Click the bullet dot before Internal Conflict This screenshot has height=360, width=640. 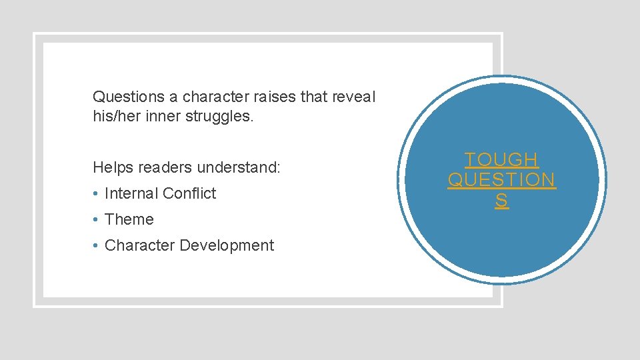97,194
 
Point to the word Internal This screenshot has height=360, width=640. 131,193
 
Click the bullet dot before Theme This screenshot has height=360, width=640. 97,220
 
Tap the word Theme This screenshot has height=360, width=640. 129,219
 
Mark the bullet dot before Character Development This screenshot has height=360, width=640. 97,246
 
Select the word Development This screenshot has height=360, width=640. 227,246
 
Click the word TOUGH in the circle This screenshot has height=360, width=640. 502,160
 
